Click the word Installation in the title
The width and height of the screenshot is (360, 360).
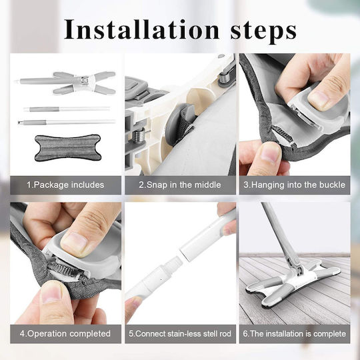tap(141, 29)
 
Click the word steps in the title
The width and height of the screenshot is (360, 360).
tap(263, 31)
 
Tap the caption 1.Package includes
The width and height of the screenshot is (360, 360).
tap(65, 185)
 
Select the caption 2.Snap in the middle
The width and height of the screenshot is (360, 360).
tap(180, 185)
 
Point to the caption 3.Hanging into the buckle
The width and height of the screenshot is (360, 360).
tap(295, 185)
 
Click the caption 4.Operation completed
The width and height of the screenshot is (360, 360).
tap(65, 333)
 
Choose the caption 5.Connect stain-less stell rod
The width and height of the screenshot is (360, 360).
tap(180, 333)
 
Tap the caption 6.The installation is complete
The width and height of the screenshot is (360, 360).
tap(295, 333)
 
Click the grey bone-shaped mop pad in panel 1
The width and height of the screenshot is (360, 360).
tap(68, 147)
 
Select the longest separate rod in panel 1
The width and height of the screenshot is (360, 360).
tap(67, 122)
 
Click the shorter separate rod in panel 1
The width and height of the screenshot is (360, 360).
tap(67, 109)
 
